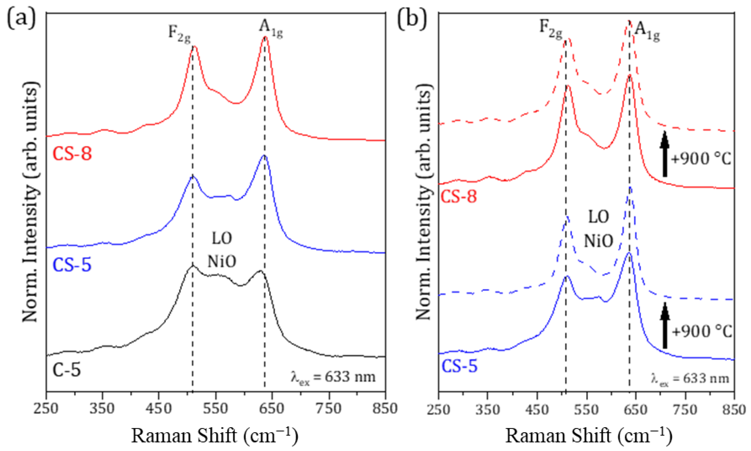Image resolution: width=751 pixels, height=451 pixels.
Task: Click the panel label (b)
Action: coord(412,20)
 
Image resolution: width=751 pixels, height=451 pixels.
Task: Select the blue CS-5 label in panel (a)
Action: coord(72,265)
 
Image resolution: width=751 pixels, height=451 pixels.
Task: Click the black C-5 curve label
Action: coord(67,370)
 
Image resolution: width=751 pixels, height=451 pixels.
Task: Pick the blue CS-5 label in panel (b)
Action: coord(460,366)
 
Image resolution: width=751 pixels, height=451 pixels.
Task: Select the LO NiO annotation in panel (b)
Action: coord(598,229)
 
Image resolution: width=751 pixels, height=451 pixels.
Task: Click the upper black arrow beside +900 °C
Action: coord(665,158)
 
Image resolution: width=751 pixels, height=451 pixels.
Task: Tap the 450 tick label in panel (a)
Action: coord(159,409)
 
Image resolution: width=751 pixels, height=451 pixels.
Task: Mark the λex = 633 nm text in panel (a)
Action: coord(333,377)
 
